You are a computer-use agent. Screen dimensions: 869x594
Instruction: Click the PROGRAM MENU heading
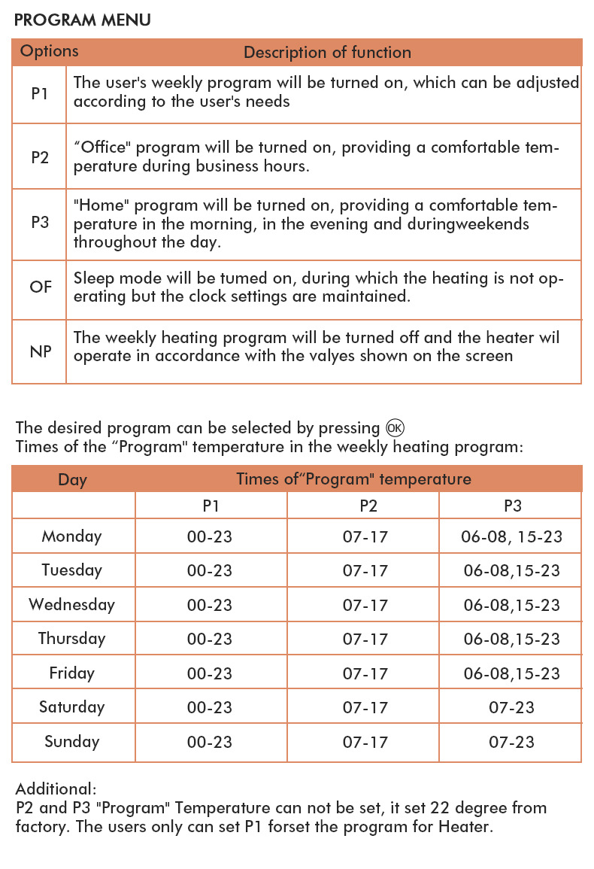coord(82,20)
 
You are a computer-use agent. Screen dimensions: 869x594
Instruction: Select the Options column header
coord(49,51)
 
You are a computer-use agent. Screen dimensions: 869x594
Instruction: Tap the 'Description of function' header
coord(327,53)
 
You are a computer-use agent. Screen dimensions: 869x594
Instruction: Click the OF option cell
coord(41,287)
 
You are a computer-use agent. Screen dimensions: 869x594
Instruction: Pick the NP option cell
coord(41,351)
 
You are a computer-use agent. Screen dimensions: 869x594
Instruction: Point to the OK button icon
coord(395,427)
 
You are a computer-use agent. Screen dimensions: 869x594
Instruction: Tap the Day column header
coord(72,479)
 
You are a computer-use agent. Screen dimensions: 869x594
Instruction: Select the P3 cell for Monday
coord(511,536)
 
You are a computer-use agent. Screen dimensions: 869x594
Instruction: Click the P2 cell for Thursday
coord(365,639)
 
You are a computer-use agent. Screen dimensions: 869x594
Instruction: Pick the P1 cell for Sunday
coord(210,742)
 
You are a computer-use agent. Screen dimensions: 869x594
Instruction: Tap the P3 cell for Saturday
coord(511,707)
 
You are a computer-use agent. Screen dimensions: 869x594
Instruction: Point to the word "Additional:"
coord(56,789)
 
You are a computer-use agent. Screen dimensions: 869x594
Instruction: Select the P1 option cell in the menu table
coord(40,94)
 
